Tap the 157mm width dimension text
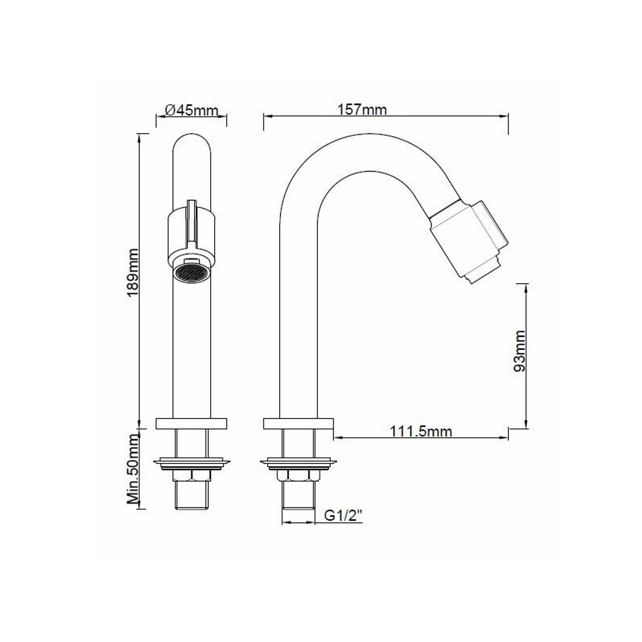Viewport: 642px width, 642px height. tap(362, 110)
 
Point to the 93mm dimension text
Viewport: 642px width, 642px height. tap(520, 351)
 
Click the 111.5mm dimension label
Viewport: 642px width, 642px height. tap(421, 431)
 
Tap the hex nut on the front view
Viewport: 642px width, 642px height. tap(191, 476)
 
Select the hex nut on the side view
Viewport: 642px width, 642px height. tap(298, 476)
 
